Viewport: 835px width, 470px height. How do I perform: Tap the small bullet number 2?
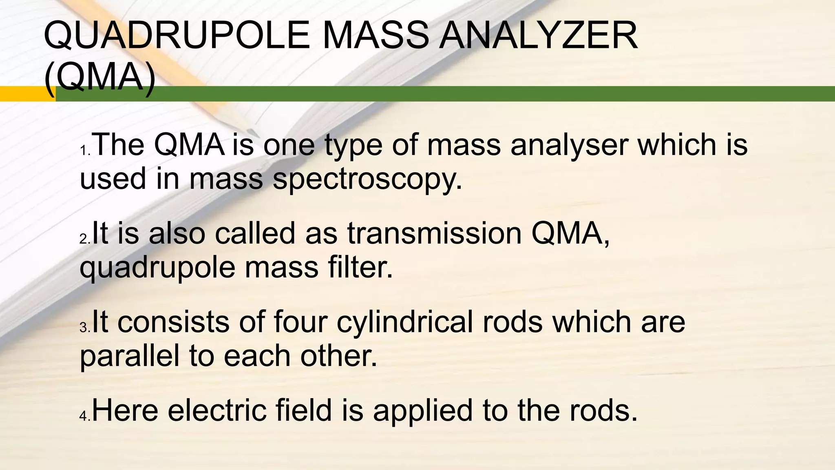(x=85, y=239)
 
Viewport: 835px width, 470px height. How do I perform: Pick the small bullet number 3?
(x=85, y=328)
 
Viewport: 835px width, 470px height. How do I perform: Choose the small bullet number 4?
(x=85, y=417)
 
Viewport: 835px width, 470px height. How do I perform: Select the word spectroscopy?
(x=367, y=180)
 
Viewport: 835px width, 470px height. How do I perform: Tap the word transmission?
(x=434, y=233)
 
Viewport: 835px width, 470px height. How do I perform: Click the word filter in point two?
(x=360, y=268)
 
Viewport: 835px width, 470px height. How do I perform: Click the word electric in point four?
(x=217, y=410)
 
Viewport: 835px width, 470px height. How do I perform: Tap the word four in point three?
(x=300, y=322)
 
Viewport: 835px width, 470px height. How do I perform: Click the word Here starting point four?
(x=125, y=410)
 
